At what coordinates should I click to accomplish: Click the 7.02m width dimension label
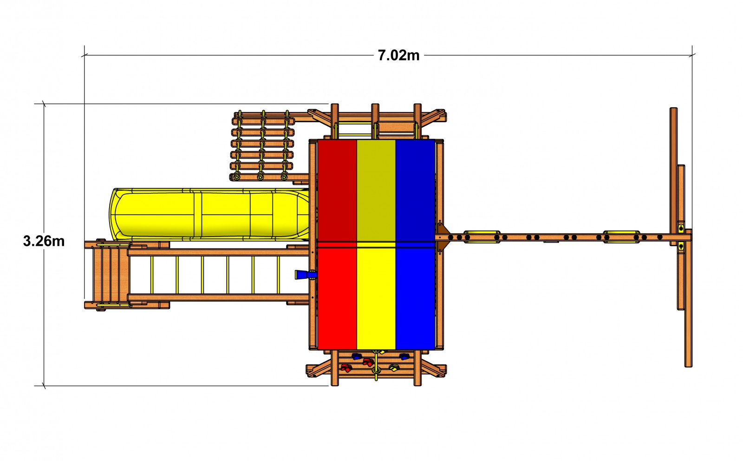point(398,55)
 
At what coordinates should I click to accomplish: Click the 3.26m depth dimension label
point(44,241)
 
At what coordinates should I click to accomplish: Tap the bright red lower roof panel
point(337,299)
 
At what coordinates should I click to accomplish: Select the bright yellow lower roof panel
point(376,299)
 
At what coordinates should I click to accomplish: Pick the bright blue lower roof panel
point(415,299)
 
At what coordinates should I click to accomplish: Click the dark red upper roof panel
point(337,191)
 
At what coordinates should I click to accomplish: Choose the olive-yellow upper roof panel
point(376,191)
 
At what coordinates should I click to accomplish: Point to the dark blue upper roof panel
point(415,191)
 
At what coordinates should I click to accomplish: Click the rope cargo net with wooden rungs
point(262,146)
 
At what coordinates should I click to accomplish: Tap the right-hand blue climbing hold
point(404,356)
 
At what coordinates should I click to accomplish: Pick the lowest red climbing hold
point(345,369)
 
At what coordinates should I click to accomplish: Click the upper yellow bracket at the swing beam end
point(681,227)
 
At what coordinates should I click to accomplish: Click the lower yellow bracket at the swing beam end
point(681,246)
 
